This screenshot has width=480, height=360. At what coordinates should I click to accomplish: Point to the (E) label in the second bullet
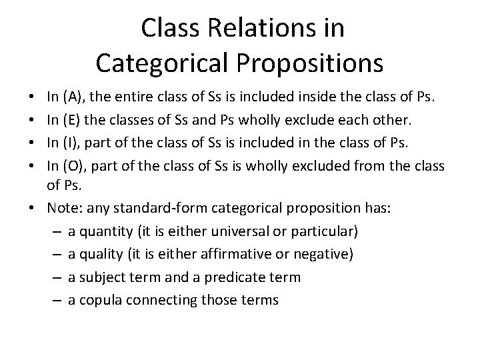click(72, 121)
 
